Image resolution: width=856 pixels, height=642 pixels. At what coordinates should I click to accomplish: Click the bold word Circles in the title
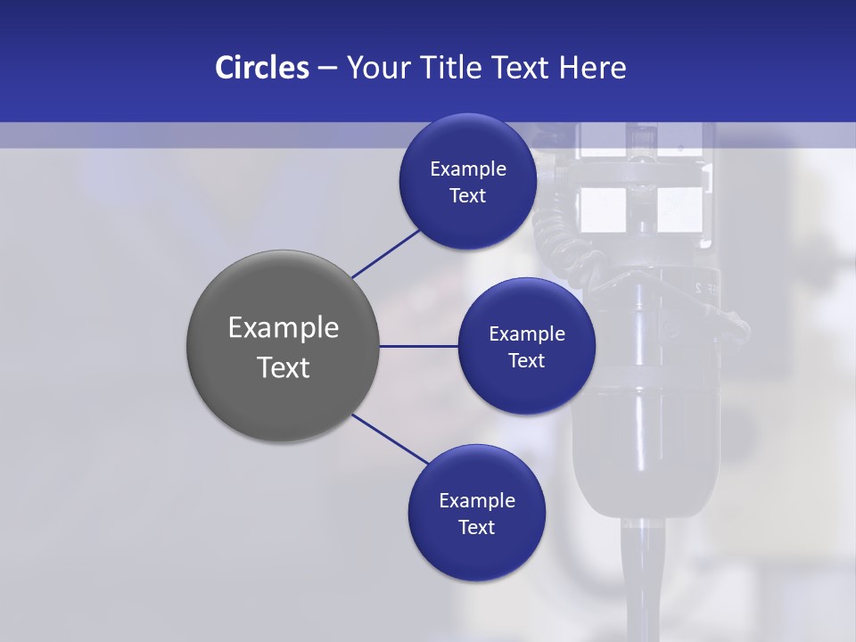pyautogui.click(x=262, y=68)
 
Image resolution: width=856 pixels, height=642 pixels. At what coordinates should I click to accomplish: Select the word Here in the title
pyautogui.click(x=592, y=68)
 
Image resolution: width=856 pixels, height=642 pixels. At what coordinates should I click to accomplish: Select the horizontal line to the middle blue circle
pyautogui.click(x=419, y=346)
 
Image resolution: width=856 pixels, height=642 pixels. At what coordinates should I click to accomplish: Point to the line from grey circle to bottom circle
pyautogui.click(x=391, y=439)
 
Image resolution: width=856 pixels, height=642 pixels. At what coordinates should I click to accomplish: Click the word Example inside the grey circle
pyautogui.click(x=284, y=328)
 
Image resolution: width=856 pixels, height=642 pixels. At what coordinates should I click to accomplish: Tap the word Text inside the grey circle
pyautogui.click(x=284, y=367)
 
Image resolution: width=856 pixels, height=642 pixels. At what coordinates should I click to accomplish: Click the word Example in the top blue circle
pyautogui.click(x=468, y=169)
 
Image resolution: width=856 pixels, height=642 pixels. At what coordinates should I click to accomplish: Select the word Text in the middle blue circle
pyautogui.click(x=526, y=360)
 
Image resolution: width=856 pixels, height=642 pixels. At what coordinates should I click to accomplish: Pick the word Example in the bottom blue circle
pyautogui.click(x=477, y=501)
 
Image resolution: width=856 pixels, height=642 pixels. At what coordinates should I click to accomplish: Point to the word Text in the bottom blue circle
pyautogui.click(x=476, y=527)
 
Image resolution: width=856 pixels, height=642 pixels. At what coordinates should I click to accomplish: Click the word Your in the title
pyautogui.click(x=374, y=68)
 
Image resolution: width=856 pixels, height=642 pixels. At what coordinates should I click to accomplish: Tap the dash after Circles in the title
pyautogui.click(x=327, y=69)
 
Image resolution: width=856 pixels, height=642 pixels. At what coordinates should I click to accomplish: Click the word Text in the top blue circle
pyautogui.click(x=467, y=196)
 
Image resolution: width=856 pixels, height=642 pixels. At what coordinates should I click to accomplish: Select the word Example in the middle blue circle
pyautogui.click(x=527, y=334)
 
